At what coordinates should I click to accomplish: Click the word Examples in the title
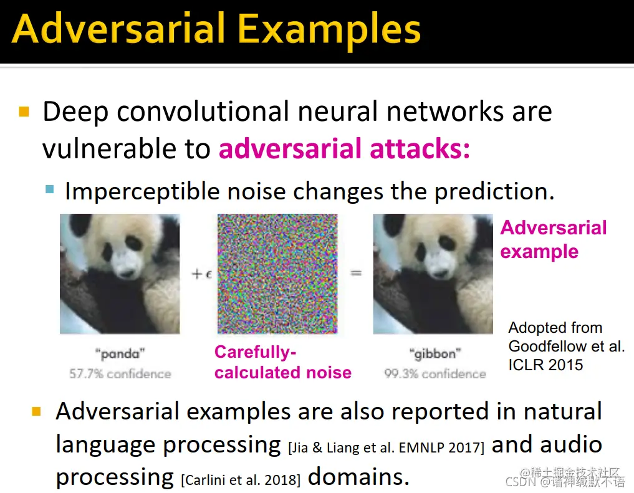tap(329, 29)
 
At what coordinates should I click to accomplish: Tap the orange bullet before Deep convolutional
tap(24, 111)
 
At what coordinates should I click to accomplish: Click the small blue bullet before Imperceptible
tap(50, 189)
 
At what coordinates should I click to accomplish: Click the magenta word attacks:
tap(420, 148)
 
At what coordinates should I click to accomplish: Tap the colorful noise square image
tap(277, 274)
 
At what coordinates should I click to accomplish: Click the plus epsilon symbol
tap(202, 274)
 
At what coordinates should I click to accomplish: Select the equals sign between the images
tap(356, 274)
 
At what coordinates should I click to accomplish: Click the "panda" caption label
tap(120, 354)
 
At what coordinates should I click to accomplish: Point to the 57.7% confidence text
tap(120, 374)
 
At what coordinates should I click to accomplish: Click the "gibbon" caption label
tap(435, 354)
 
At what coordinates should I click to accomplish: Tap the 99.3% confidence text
tap(435, 374)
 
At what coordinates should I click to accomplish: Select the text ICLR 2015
tap(545, 365)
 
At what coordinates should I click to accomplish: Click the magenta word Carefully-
tap(256, 352)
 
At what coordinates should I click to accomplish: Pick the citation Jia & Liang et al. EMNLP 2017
tap(386, 448)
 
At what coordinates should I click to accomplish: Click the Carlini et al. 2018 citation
tap(241, 480)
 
